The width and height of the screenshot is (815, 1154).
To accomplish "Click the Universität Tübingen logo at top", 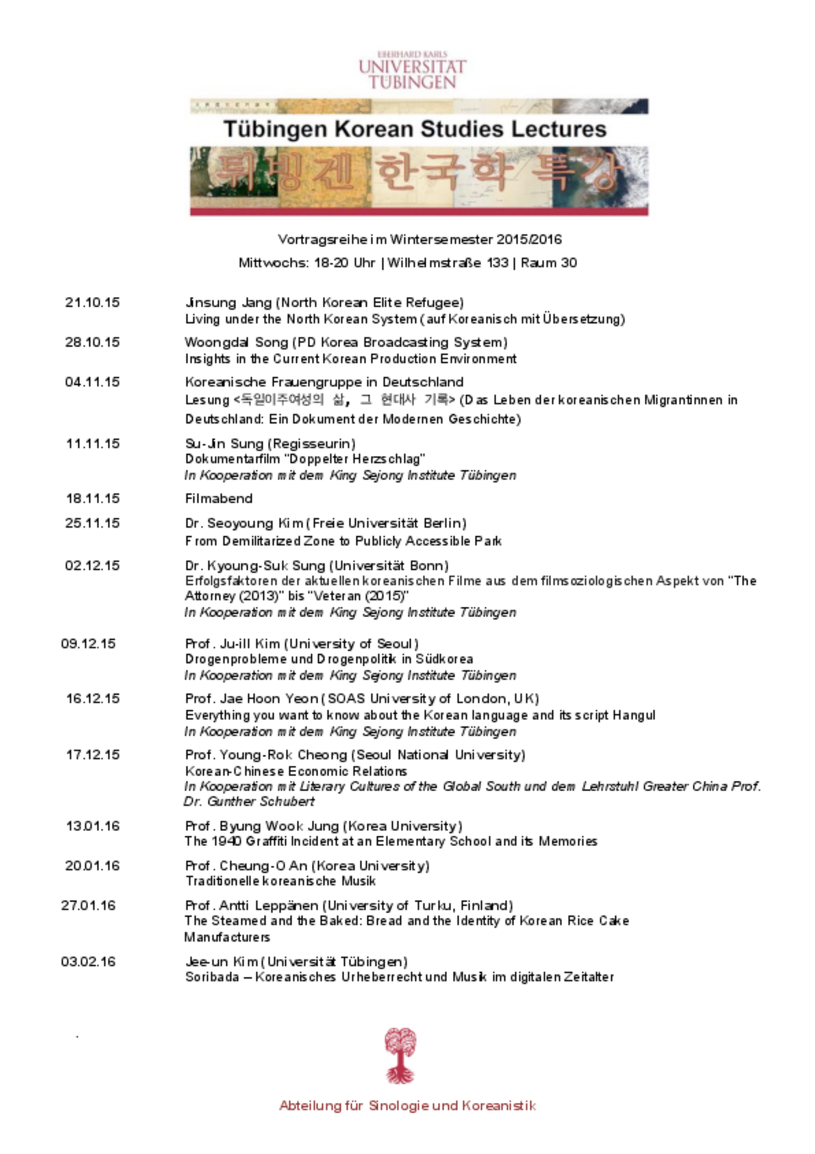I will [412, 71].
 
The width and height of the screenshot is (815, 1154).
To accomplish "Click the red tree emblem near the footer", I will [400, 1055].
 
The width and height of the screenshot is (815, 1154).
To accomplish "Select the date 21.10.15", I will [92, 303].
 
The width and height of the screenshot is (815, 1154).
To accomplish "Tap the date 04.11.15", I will [92, 382].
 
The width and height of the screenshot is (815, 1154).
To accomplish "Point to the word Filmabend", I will [219, 499].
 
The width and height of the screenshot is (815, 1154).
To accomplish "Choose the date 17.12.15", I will [92, 755].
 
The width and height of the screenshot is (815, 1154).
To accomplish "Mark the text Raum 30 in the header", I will [549, 263].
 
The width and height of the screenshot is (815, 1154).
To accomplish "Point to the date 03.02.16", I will [89, 962].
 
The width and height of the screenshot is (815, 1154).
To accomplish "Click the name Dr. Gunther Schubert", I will [249, 801].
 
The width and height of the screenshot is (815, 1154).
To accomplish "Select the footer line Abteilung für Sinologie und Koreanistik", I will [407, 1105].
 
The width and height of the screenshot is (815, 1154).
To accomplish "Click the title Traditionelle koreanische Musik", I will [280, 881].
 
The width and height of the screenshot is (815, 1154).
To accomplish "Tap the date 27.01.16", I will [89, 906].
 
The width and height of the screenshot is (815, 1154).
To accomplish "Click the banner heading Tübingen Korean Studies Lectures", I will [415, 129].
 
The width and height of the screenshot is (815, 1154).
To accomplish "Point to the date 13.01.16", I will [92, 826].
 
